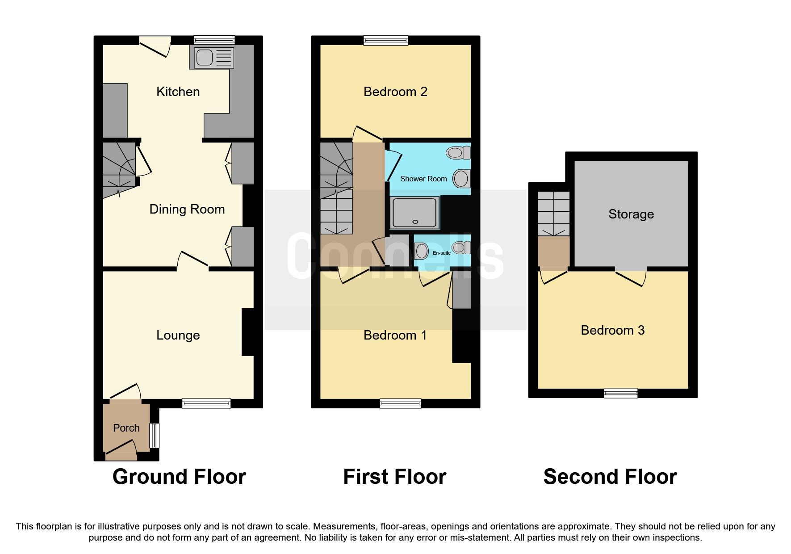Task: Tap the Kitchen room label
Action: [178, 92]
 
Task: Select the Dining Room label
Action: [187, 209]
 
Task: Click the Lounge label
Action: [178, 335]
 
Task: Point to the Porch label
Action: [126, 428]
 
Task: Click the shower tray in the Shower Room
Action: [414, 213]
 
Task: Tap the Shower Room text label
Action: [423, 179]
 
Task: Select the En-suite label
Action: [441, 253]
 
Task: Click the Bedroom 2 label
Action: [395, 92]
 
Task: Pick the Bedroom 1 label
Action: [395, 335]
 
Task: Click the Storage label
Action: [631, 214]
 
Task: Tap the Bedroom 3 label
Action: [612, 330]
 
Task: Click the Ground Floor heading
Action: [179, 476]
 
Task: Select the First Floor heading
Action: [394, 476]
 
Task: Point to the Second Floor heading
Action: [610, 476]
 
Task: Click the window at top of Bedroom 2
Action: [386, 41]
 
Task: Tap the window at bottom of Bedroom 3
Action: [620, 393]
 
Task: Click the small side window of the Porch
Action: [154, 435]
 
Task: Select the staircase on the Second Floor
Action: [553, 214]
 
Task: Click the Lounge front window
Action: [206, 403]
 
